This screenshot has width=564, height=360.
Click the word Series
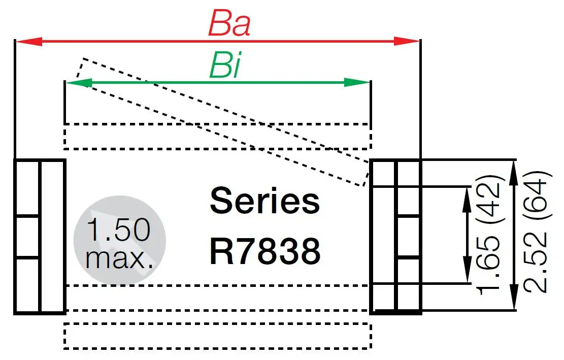[x=264, y=201]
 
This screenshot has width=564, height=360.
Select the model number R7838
[x=264, y=251]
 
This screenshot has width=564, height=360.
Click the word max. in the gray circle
[x=120, y=258]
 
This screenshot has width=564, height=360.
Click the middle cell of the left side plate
[x=27, y=237]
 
